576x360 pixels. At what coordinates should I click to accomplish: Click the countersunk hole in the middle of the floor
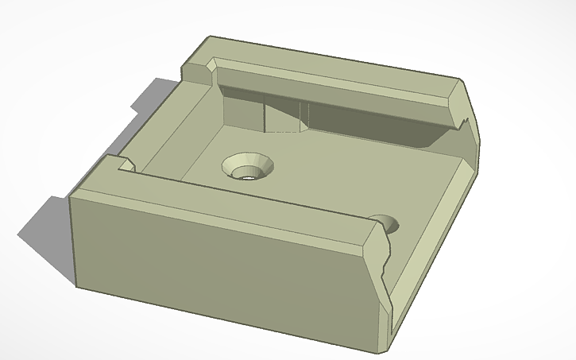pyautogui.click(x=247, y=166)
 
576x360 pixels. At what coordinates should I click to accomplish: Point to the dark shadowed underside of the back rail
pyautogui.click(x=358, y=119)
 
